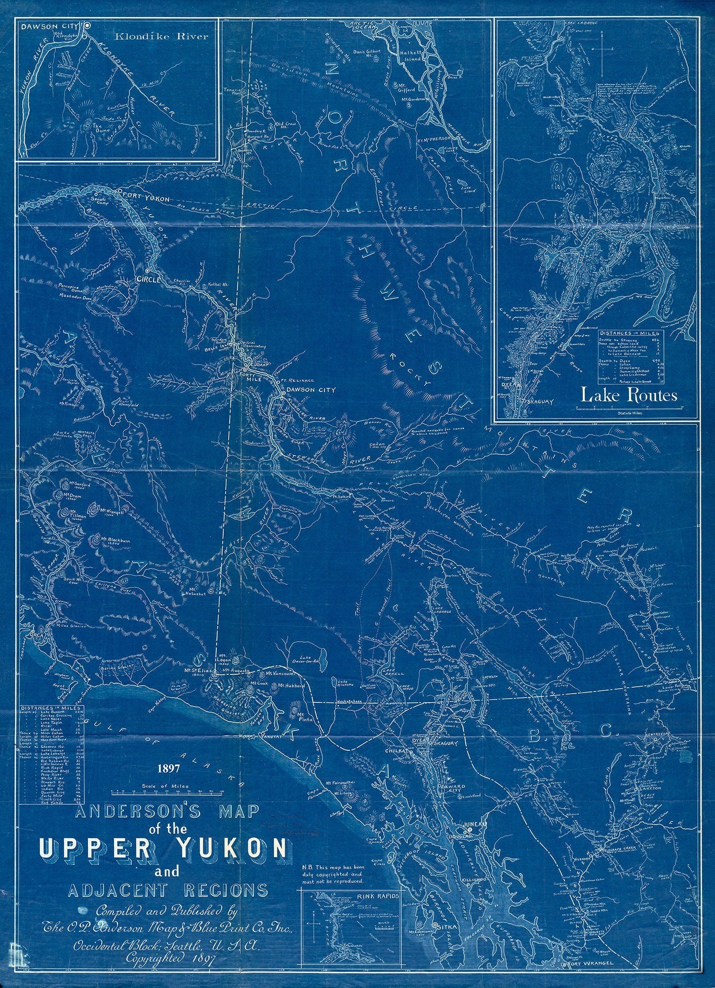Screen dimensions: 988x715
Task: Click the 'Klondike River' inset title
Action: (161, 37)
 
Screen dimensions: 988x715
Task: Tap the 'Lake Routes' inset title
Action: (628, 395)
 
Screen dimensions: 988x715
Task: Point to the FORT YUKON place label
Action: (146, 198)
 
